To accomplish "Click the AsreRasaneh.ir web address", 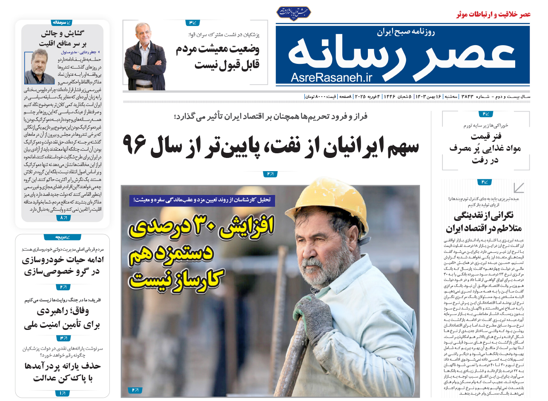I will [x=332, y=77].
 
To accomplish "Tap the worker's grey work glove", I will [x=313, y=313].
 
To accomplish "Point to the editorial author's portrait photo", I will [x=40, y=66].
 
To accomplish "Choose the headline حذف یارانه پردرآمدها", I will [x=62, y=366].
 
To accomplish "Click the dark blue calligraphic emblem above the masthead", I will [x=293, y=12].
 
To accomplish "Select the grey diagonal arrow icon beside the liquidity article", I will [x=518, y=188].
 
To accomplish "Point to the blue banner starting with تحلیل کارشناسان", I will [x=202, y=200].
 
